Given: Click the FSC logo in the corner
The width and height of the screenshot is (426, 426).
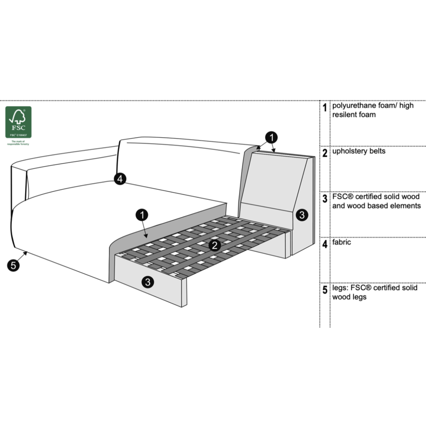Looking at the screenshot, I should (x=18, y=122).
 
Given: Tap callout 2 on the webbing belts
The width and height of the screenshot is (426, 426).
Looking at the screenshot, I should (x=214, y=245).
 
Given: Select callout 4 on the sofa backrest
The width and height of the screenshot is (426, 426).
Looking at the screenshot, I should (x=120, y=179).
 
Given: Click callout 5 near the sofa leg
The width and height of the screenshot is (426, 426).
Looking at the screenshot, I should (x=14, y=266).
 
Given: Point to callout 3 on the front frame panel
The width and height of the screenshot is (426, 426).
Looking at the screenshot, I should (x=148, y=282).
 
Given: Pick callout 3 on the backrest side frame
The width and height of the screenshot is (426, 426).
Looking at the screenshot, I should (x=302, y=215).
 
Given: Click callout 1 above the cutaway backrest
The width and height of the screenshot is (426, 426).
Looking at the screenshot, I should (x=271, y=138).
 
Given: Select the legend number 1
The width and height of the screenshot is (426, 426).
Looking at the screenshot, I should (x=325, y=108).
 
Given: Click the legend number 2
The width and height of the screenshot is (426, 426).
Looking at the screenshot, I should (x=325, y=153).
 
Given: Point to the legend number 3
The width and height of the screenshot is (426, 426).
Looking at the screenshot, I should (x=325, y=199).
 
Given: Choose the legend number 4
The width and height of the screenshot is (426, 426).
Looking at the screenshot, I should (x=325, y=244).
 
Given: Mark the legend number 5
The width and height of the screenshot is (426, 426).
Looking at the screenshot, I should (x=325, y=290).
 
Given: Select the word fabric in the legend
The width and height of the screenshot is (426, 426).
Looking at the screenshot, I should (x=342, y=242).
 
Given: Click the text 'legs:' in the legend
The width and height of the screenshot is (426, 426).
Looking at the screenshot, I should (x=341, y=288).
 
